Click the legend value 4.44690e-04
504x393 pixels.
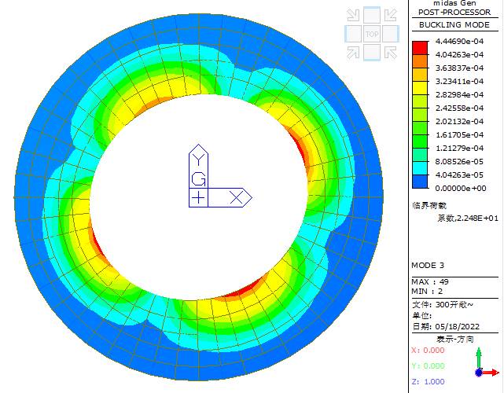(459, 41)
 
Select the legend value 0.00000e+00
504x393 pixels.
(461, 189)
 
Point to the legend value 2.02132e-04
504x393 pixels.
(459, 122)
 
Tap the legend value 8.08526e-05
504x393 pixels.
(459, 162)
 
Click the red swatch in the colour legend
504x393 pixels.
(421, 48)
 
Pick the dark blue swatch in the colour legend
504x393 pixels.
(421, 182)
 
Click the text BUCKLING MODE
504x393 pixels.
(454, 24)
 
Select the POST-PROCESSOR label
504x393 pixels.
(454, 13)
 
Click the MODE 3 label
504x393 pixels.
(428, 266)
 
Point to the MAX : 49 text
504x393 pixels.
(430, 282)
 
